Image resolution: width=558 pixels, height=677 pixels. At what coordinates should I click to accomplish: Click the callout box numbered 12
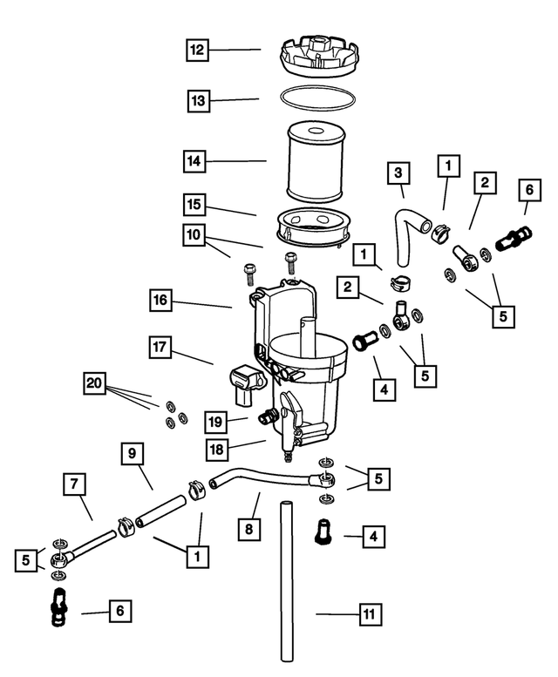click(x=198, y=50)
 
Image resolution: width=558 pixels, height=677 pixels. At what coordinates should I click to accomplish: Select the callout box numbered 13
click(x=198, y=101)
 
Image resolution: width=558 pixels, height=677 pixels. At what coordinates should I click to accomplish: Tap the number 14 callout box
click(x=196, y=161)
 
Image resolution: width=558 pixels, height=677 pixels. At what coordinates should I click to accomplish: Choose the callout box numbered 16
click(x=161, y=301)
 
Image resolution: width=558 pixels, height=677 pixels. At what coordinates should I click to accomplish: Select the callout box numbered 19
click(x=217, y=422)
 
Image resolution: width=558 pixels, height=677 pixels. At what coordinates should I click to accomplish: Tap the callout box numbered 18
click(x=217, y=449)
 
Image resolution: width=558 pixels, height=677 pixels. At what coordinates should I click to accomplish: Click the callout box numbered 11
click(x=370, y=614)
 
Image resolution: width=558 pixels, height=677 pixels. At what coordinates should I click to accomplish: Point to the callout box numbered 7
click(x=75, y=483)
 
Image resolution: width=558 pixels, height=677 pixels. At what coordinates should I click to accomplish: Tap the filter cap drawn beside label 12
click(x=318, y=59)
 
